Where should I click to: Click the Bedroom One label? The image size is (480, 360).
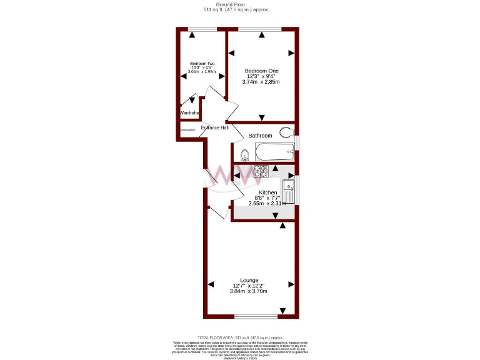pyautogui.click(x=261, y=71)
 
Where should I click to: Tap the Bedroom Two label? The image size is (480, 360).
pyautogui.click(x=202, y=63)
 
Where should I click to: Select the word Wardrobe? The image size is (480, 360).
pyautogui.click(x=189, y=113)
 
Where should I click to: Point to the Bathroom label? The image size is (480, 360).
pyautogui.click(x=260, y=136)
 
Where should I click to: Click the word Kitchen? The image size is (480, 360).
pyautogui.click(x=268, y=192)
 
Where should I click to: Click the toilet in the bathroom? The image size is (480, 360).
pyautogui.click(x=287, y=132)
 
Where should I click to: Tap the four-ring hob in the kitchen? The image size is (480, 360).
pyautogui.click(x=261, y=171)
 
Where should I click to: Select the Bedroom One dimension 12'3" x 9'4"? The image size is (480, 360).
pyautogui.click(x=261, y=76)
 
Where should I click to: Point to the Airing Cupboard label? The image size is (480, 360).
pyautogui.click(x=188, y=130)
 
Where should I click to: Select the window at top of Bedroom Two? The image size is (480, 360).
pyautogui.click(x=201, y=29)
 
